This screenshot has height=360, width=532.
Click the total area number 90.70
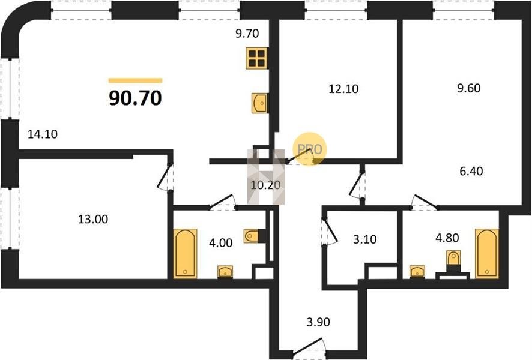click(x=135, y=98)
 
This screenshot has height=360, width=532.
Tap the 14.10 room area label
click(x=43, y=134)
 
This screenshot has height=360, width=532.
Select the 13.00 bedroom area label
click(x=93, y=219)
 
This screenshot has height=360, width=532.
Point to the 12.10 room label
click(x=343, y=89)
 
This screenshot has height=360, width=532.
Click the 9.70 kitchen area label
click(x=247, y=34)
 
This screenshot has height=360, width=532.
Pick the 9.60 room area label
click(x=468, y=88)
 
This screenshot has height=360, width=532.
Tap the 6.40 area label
click(x=471, y=171)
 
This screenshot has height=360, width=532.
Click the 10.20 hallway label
click(x=265, y=185)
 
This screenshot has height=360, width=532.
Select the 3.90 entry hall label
click(x=318, y=322)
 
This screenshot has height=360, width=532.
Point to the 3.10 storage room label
click(x=364, y=239)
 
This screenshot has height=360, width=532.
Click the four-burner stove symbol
click(x=256, y=58)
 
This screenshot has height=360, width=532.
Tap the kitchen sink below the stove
click(x=259, y=103)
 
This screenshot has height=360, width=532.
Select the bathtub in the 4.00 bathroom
click(x=186, y=254)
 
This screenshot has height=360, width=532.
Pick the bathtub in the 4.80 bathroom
click(x=487, y=254)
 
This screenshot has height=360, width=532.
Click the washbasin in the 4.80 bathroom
click(x=417, y=272)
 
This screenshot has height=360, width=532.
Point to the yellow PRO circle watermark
click(x=309, y=149)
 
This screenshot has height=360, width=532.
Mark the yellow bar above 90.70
click(x=135, y=80)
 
